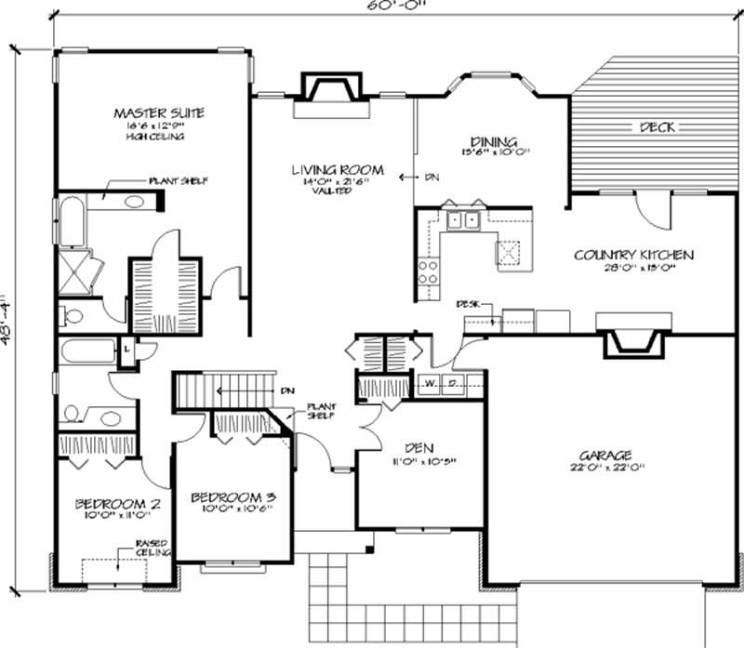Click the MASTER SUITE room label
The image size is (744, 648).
pos(158,112)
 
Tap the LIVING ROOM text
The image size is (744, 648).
pos(337,170)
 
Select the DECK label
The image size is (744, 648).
pos(657,127)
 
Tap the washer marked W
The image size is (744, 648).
pos(432,381)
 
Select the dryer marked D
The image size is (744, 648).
pos(453,381)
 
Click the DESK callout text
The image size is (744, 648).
pos(467,304)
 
